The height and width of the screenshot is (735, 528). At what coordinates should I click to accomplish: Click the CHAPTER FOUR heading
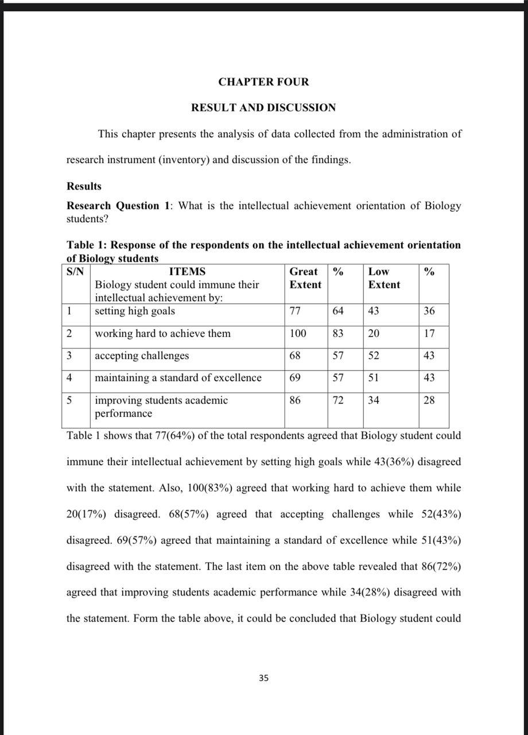(263, 82)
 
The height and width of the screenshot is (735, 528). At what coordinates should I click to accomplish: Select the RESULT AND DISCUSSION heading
(263, 107)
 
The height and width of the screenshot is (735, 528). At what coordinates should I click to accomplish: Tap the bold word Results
(84, 186)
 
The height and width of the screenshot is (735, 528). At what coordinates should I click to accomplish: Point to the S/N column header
(76, 272)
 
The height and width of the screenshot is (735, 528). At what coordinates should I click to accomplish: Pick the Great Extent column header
(305, 278)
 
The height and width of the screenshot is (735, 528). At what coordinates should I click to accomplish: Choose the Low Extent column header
(384, 278)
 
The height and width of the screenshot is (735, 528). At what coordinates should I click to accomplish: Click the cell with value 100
(298, 334)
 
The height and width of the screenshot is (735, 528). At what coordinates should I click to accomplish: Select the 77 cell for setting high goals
(296, 311)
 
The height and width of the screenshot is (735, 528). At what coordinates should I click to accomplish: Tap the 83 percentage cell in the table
(338, 334)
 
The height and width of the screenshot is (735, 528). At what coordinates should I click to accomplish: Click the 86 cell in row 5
(296, 400)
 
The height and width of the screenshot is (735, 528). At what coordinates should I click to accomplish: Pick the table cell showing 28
(429, 400)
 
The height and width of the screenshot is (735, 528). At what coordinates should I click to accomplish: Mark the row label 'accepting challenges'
(142, 355)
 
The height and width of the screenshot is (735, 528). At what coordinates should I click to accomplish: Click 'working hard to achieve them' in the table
(162, 334)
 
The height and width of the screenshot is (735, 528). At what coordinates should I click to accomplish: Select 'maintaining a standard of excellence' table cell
(178, 378)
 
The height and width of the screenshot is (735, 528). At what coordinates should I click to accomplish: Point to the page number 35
(263, 678)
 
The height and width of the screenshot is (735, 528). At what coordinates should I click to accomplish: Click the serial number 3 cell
(69, 355)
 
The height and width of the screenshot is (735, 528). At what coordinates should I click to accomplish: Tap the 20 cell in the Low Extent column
(374, 334)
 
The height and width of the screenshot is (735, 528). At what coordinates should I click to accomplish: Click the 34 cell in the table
(374, 400)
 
